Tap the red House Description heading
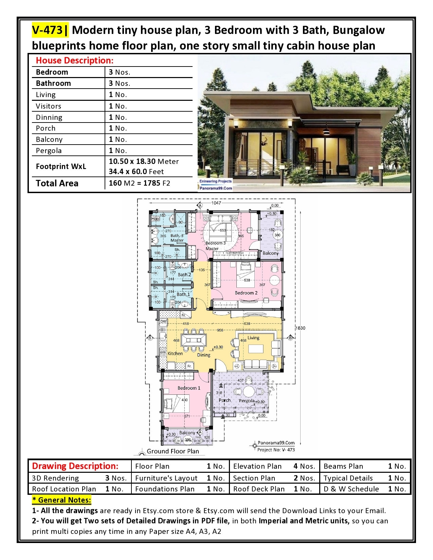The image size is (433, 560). pyautogui.click(x=74, y=60)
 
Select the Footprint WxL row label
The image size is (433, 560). pyautogui.click(x=61, y=166)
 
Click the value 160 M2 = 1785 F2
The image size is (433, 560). pyautogui.click(x=139, y=183)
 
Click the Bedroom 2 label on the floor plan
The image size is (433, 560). pyautogui.click(x=246, y=293)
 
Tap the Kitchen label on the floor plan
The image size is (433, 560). pyautogui.click(x=175, y=354)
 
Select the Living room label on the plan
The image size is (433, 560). pyautogui.click(x=253, y=338)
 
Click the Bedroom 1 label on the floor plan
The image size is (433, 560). pyautogui.click(x=189, y=388)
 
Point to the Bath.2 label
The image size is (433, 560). pyautogui.click(x=184, y=275)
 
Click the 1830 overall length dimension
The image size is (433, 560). pyautogui.click(x=300, y=328)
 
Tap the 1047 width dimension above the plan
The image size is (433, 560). pyautogui.click(x=216, y=203)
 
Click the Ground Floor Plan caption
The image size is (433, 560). pyautogui.click(x=173, y=451)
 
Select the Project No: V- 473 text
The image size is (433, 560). pyautogui.click(x=276, y=450)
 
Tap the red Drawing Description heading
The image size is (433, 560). pyautogui.click(x=75, y=466)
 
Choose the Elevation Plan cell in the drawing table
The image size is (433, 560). pyautogui.click(x=257, y=466)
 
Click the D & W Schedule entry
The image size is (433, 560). pyautogui.click(x=351, y=489)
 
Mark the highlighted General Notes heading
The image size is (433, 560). pyautogui.click(x=61, y=500)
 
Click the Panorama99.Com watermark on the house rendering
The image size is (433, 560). pyautogui.click(x=216, y=188)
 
